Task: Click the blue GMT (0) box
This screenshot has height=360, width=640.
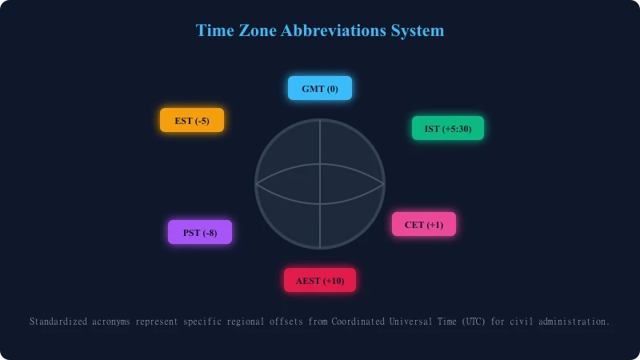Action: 320,88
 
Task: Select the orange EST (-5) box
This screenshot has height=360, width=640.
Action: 192,120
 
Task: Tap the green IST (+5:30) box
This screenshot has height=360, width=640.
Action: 448,128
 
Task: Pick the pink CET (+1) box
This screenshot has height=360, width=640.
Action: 424,224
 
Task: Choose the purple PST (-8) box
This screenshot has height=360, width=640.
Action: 200,232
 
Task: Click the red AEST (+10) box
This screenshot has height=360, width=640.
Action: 320,280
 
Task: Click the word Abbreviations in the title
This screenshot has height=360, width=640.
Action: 333,30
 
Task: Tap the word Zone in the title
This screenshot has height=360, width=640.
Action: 257,30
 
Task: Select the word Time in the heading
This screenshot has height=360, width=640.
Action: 214,30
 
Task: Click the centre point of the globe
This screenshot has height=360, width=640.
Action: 320,184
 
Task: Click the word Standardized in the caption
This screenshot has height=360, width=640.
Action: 58,322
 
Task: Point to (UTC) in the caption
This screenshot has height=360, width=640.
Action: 474,322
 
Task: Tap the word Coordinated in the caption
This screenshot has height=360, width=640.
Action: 358,322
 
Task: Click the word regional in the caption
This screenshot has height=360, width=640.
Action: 246,322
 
